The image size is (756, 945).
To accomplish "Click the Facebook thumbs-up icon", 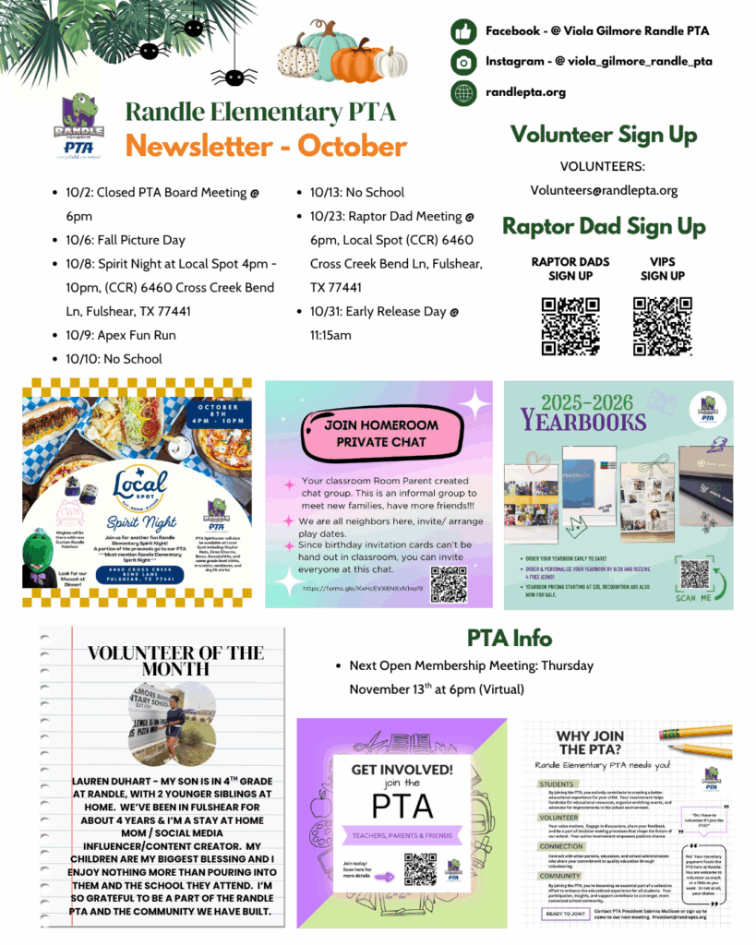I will point(462,31).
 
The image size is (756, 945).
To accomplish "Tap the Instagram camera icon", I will point(462,62).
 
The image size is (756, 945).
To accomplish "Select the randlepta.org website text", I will point(525,92).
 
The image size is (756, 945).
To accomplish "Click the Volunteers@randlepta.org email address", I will point(604,190).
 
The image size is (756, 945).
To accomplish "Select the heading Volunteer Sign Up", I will point(604,135).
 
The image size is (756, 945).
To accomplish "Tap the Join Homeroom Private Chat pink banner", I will point(381,434).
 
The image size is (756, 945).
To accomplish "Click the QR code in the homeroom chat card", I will point(448,583).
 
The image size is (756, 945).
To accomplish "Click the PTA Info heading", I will point(510,638).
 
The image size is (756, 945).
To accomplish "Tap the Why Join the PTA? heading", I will point(590,742).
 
